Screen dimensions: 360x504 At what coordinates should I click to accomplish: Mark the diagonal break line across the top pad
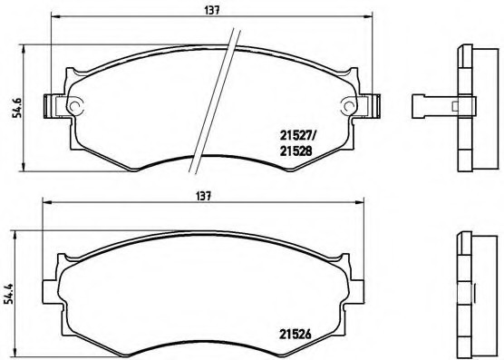click(x=215, y=100)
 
